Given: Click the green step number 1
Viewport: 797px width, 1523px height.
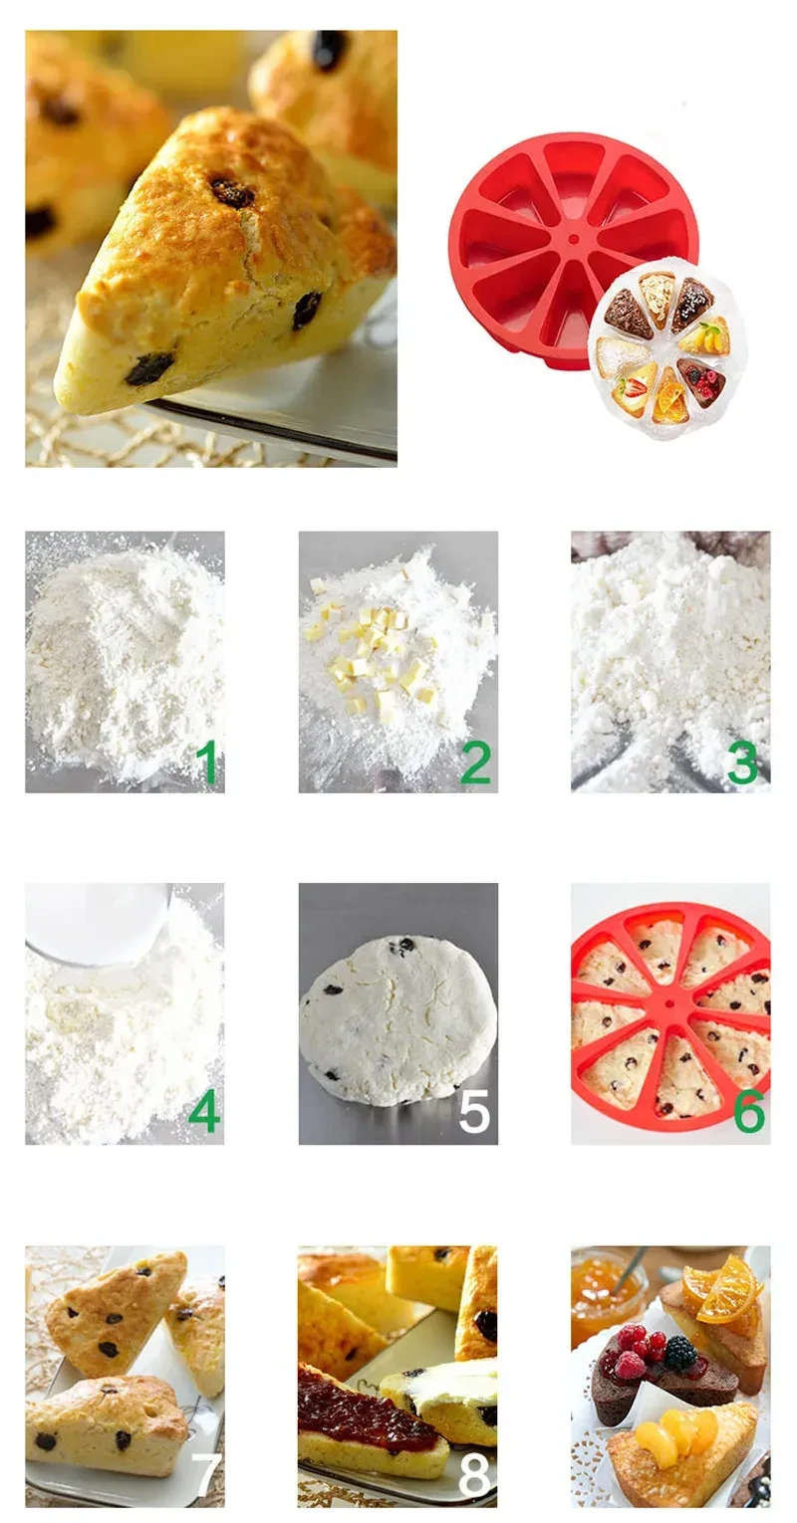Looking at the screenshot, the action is click(x=207, y=762).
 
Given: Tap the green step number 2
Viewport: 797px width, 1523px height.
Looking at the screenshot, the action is click(x=475, y=762).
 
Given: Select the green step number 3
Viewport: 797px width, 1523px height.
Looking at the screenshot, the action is click(x=742, y=762).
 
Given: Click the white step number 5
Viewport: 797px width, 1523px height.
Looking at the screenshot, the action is click(x=474, y=1113).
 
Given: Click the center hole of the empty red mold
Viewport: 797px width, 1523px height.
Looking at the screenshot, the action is click(x=573, y=239).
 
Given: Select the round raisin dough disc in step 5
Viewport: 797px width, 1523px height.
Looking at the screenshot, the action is click(x=398, y=1011).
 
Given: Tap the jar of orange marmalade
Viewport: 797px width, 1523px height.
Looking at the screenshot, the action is click(x=606, y=1284).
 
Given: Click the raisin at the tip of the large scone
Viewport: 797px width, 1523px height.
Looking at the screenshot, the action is click(x=149, y=368).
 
